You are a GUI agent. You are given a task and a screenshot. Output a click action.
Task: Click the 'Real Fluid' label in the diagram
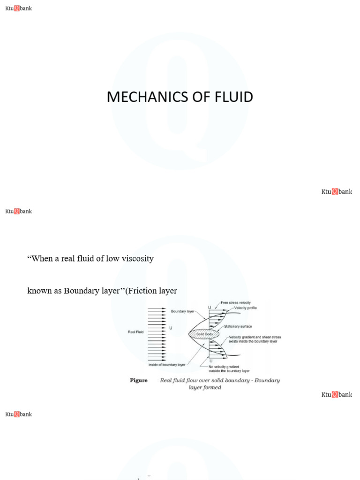pos(136,332)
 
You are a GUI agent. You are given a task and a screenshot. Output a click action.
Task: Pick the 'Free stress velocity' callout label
pos(239,303)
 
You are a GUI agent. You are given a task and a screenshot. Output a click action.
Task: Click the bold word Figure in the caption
pos(139,381)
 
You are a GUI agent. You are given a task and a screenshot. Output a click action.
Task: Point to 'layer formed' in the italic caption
pos(204,388)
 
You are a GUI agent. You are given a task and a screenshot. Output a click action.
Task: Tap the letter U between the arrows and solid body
pos(171,328)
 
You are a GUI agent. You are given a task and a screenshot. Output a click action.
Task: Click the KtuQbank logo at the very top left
pos(18,8)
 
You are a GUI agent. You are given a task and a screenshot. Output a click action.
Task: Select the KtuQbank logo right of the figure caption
pos(337,395)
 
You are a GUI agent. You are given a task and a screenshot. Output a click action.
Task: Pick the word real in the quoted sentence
pos(74,258)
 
